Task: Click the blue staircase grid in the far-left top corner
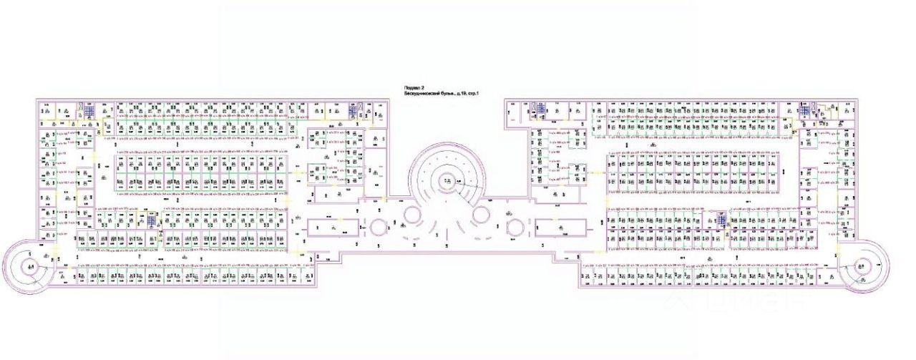89,110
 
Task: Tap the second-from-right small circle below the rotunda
481,215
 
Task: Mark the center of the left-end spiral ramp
29,268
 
